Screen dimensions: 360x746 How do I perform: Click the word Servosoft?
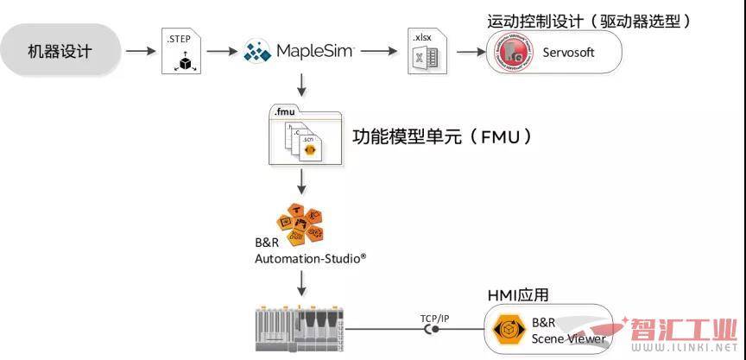[x=566, y=54]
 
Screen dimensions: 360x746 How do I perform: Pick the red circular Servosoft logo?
[x=515, y=54]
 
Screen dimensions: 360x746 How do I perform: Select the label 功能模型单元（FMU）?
[x=441, y=137]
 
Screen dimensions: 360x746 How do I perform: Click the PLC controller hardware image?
[x=301, y=328]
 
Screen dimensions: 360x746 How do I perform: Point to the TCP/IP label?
[x=436, y=318]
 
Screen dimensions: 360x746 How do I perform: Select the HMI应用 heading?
[x=518, y=295]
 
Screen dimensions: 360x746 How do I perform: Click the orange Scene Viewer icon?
[x=504, y=329]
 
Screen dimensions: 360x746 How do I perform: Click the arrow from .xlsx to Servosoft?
[x=470, y=52]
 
